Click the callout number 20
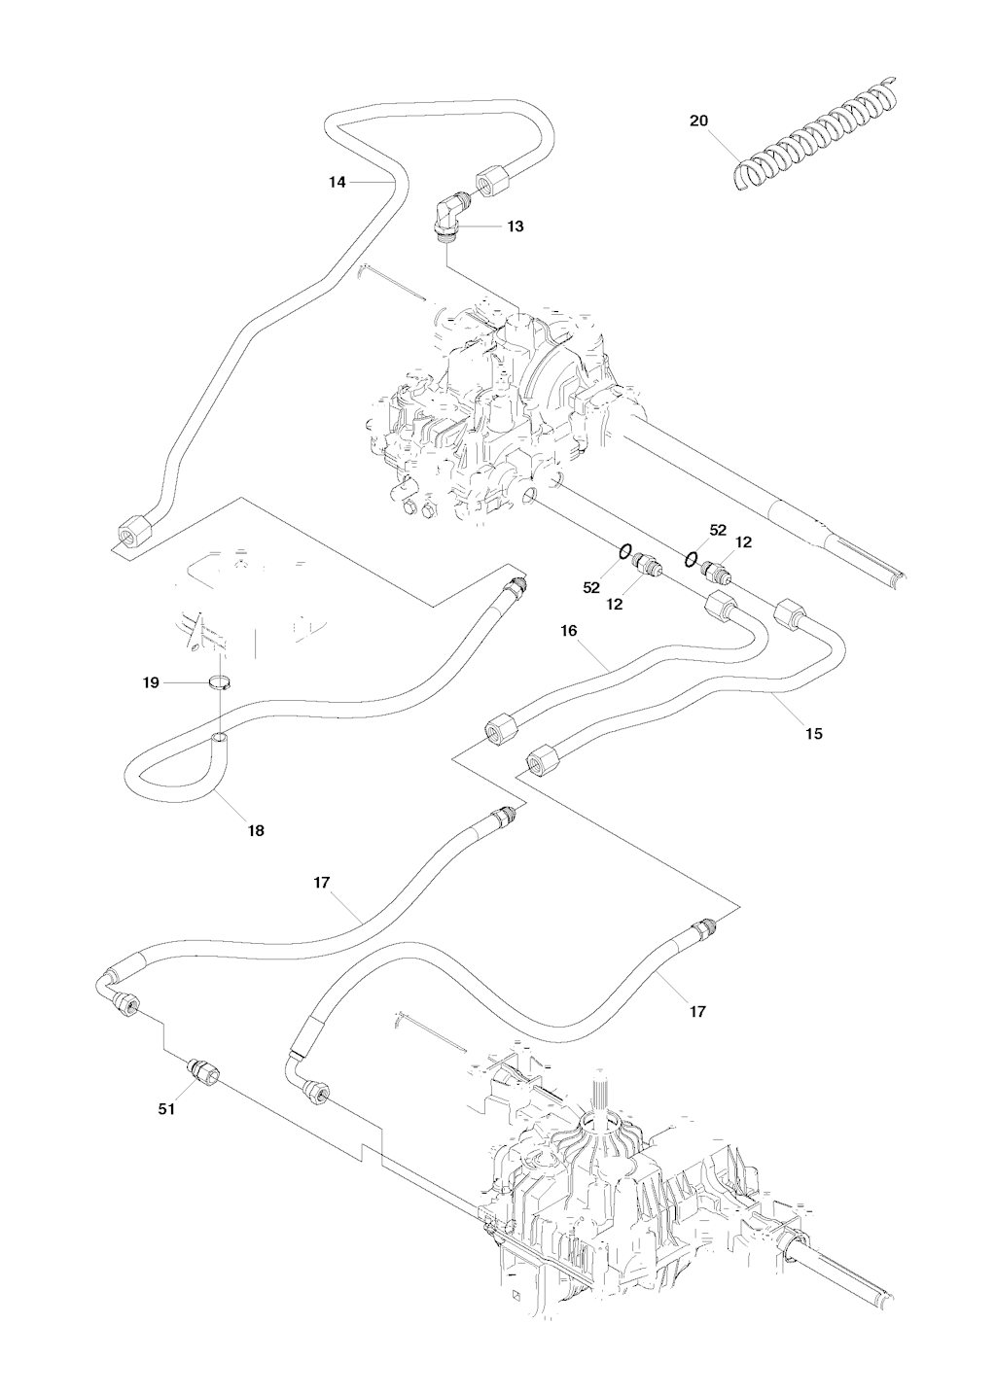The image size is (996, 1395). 698,121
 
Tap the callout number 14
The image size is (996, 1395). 337,182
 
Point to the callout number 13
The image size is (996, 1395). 516,226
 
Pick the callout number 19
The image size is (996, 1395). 151,683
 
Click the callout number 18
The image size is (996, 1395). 256,830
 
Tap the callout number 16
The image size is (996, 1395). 569,631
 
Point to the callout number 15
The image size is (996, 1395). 814,733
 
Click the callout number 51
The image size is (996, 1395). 166,1109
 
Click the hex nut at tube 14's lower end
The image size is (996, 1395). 128,534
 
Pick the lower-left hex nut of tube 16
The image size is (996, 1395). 500,730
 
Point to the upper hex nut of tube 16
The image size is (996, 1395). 720,608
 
